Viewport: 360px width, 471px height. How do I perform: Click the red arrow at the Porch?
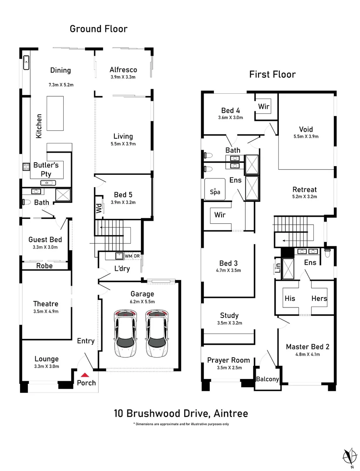(x=86, y=374)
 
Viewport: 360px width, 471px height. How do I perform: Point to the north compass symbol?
(x=349, y=456)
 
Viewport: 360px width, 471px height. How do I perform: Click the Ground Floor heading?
(x=99, y=29)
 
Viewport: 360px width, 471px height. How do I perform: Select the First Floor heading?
(x=272, y=74)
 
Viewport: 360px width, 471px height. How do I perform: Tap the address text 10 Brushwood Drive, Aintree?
(x=180, y=413)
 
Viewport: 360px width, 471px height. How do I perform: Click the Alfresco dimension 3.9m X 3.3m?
(x=123, y=77)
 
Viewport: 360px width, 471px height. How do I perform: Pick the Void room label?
(x=306, y=129)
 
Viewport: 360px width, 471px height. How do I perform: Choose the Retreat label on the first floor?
(x=305, y=190)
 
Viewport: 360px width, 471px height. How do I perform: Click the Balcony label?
(x=267, y=379)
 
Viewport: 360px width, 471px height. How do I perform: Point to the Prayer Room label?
(x=229, y=360)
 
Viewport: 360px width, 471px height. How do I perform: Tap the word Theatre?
(x=46, y=304)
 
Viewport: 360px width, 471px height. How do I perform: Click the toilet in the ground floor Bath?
(x=26, y=201)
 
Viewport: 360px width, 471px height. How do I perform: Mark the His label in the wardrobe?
(x=290, y=299)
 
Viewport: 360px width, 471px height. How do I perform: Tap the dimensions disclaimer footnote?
(x=181, y=424)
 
